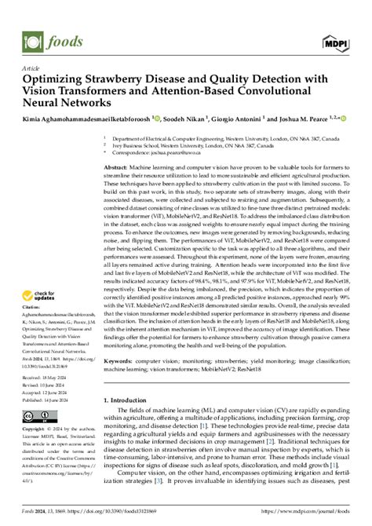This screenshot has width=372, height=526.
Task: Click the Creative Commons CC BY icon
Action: (x=37, y=394)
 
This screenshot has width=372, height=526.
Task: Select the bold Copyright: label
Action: (x=35, y=409)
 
